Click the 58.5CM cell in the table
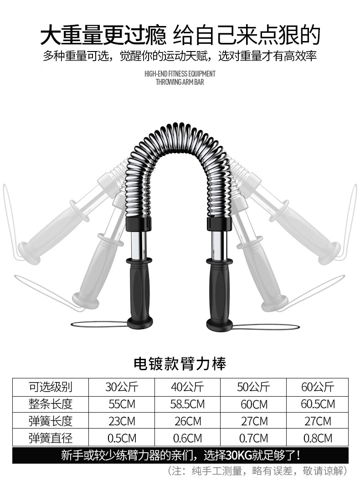pyautogui.click(x=187, y=404)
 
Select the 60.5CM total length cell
pyautogui.click(x=318, y=404)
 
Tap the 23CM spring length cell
pyautogui.click(x=122, y=421)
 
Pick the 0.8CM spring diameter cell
pyautogui.click(x=318, y=439)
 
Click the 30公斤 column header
pyautogui.click(x=122, y=387)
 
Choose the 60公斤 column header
pyautogui.click(x=318, y=387)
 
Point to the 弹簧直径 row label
pyautogui.click(x=51, y=439)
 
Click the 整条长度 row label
pyautogui.click(x=51, y=404)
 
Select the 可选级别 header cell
pyautogui.click(x=51, y=387)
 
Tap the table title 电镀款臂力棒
pyautogui.click(x=180, y=364)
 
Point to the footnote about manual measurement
pyautogui.click(x=258, y=470)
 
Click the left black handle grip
pyautogui.click(x=139, y=292)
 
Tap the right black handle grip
pyautogui.click(x=219, y=292)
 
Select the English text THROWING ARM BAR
pyautogui.click(x=180, y=83)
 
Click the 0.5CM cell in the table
pyautogui.click(x=122, y=439)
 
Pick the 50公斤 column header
pyautogui.click(x=253, y=387)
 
